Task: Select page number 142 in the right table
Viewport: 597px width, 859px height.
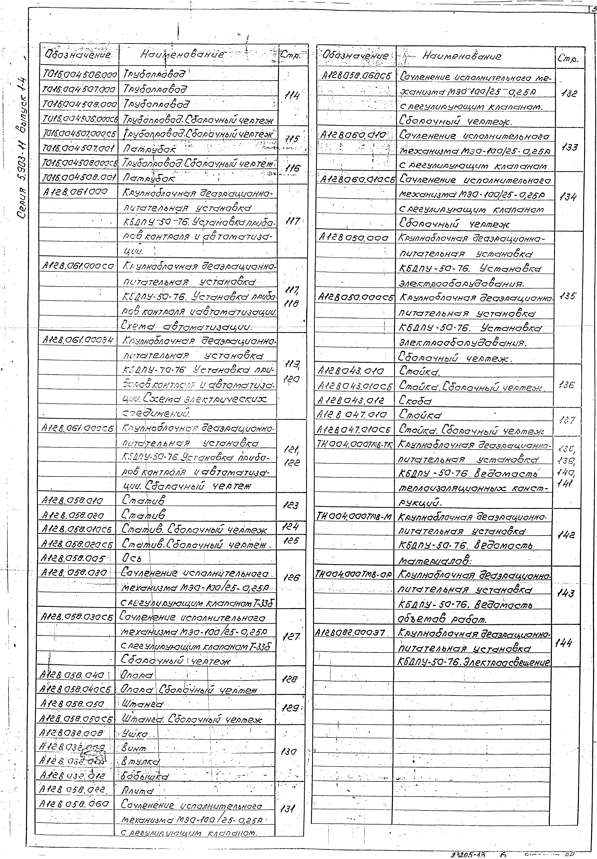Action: pyautogui.click(x=567, y=535)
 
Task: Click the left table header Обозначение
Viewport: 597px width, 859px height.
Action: pyautogui.click(x=78, y=55)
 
